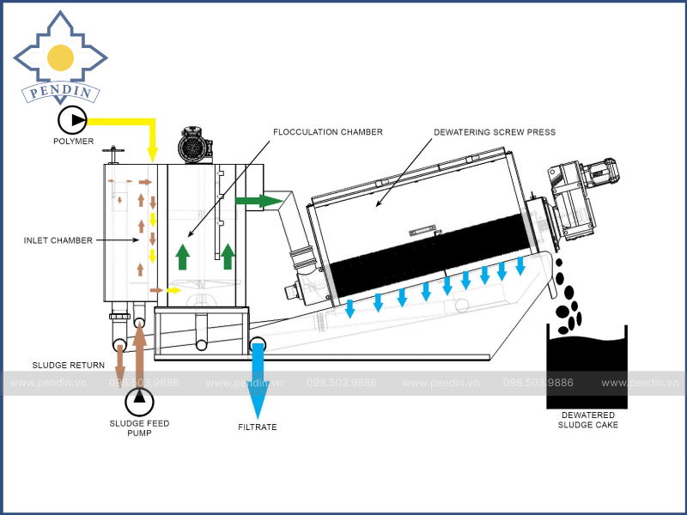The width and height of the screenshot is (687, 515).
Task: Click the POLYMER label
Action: (x=73, y=142)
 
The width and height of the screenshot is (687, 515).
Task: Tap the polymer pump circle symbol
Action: (x=72, y=119)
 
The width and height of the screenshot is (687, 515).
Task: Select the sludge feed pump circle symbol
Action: (x=139, y=400)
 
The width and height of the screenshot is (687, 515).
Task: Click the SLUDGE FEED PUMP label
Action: (x=139, y=428)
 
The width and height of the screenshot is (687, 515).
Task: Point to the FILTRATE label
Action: (x=258, y=427)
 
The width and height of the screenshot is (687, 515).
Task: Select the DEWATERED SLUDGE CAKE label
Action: (x=587, y=420)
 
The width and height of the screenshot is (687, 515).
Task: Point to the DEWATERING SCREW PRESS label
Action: (x=495, y=132)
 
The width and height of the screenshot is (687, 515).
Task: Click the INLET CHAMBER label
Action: (x=58, y=240)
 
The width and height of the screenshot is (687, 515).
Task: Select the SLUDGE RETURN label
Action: (x=69, y=366)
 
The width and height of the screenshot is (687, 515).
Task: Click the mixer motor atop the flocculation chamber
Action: (x=195, y=145)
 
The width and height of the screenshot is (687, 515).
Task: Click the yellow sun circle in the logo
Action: (x=60, y=58)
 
